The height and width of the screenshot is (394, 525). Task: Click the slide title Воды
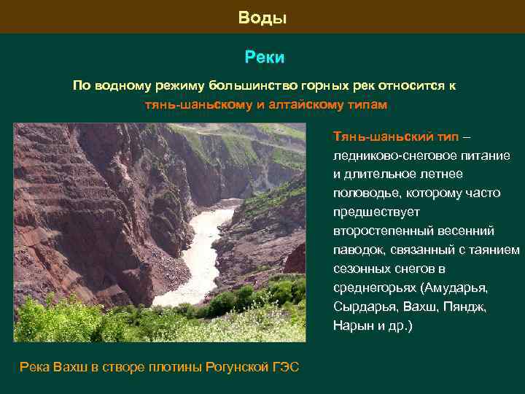262,18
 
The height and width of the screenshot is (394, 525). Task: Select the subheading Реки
264,57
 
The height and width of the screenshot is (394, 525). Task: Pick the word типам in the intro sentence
364,104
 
